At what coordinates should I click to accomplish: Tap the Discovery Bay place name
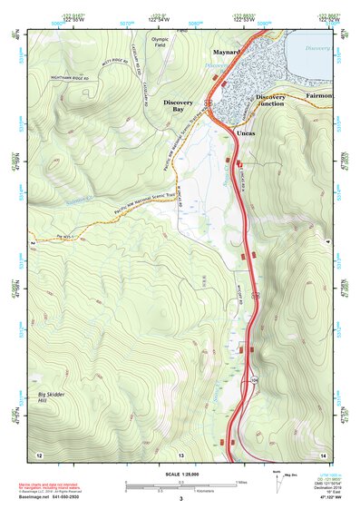click(178, 107)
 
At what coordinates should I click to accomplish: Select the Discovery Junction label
click(270, 100)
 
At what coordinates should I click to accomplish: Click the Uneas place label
click(246, 133)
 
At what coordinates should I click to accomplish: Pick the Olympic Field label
click(161, 43)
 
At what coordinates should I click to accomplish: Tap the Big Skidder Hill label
click(52, 397)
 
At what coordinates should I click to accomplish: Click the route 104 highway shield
click(255, 377)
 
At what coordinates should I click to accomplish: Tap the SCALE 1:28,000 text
click(180, 474)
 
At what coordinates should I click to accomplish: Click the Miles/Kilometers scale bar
click(180, 484)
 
